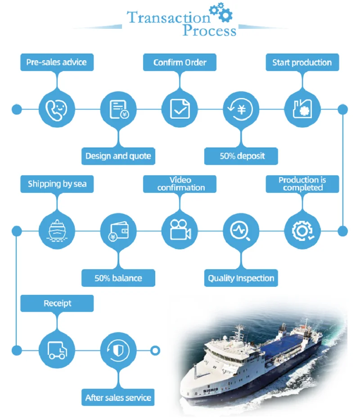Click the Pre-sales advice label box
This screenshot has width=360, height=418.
(57, 62)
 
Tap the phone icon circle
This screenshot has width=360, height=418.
(57, 109)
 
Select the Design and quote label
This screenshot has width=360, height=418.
(118, 156)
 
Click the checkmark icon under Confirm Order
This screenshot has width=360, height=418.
(180, 109)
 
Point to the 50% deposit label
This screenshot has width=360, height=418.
(242, 156)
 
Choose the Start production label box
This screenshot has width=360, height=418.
(302, 62)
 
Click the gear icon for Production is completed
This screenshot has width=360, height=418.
(302, 231)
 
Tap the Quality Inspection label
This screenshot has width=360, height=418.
(241, 278)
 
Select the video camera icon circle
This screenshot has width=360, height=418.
(180, 231)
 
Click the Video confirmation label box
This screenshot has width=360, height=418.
(180, 184)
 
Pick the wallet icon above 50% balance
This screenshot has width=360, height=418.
(118, 231)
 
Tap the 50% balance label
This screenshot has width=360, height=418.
(118, 278)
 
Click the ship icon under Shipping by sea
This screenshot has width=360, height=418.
(57, 231)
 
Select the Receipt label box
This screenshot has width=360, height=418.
(57, 303)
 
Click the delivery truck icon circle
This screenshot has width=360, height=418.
(57, 350)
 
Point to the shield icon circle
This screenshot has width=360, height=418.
(118, 350)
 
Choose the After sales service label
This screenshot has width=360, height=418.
(118, 398)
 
